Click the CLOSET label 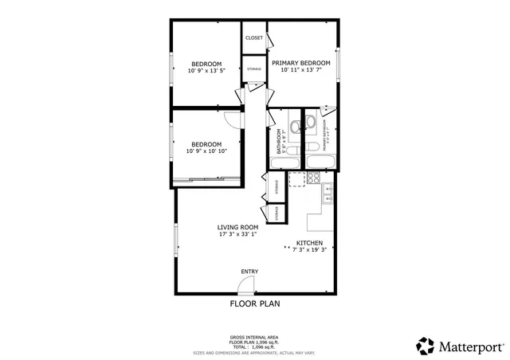(x=254, y=37)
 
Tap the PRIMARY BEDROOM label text (x=301, y=63)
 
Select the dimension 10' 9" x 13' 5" (x=206, y=71)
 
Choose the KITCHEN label (x=309, y=243)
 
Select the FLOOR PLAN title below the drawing (x=254, y=303)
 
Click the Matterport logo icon (x=426, y=346)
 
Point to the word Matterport (x=470, y=346)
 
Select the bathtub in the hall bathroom (x=285, y=163)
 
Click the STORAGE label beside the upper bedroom (x=253, y=68)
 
